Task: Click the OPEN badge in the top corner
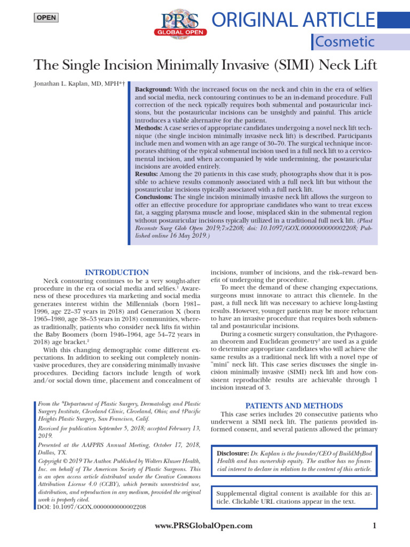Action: click(45, 18)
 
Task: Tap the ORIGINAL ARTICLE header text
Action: click(293, 20)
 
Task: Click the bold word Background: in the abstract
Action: click(153, 89)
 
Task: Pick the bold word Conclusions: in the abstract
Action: click(154, 197)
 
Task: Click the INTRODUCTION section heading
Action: click(117, 272)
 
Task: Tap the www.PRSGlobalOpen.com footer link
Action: click(203, 526)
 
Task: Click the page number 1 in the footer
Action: click(374, 526)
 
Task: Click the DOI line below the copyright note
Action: click(91, 506)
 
